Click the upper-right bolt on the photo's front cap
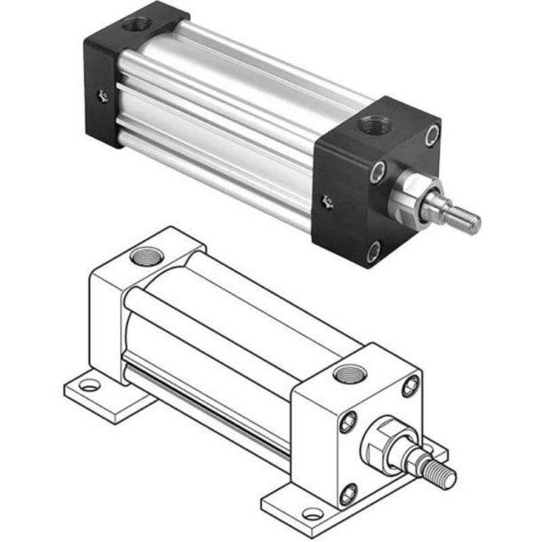coord(432,134)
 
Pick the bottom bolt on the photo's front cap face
coord(373,250)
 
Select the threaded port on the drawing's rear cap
coord(142,258)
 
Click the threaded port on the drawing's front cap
coord(347,372)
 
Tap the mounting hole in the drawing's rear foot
coord(89,387)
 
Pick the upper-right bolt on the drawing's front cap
coord(410,386)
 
